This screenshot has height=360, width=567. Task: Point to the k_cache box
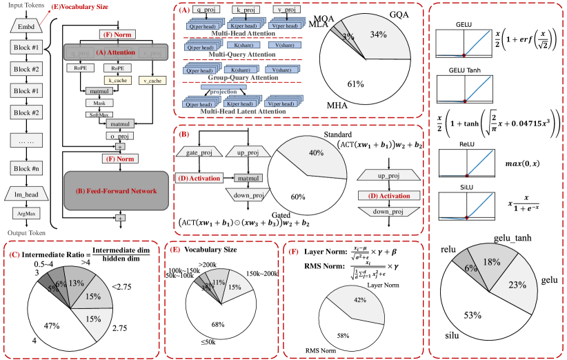(x=115, y=81)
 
